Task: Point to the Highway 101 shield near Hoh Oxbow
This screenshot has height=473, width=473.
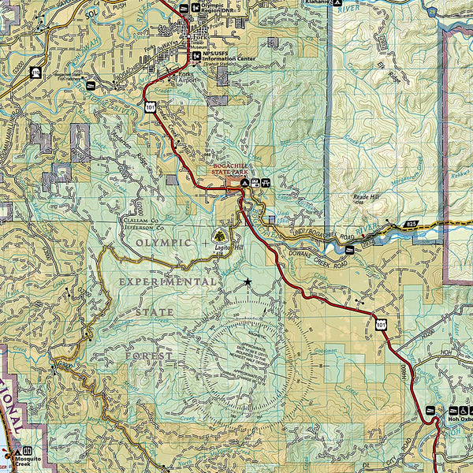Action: click(x=382, y=324)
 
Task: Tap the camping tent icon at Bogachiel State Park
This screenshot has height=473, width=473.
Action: click(x=245, y=183)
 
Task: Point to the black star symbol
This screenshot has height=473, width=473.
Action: click(x=248, y=282)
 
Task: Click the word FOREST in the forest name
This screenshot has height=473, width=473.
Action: click(x=149, y=356)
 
